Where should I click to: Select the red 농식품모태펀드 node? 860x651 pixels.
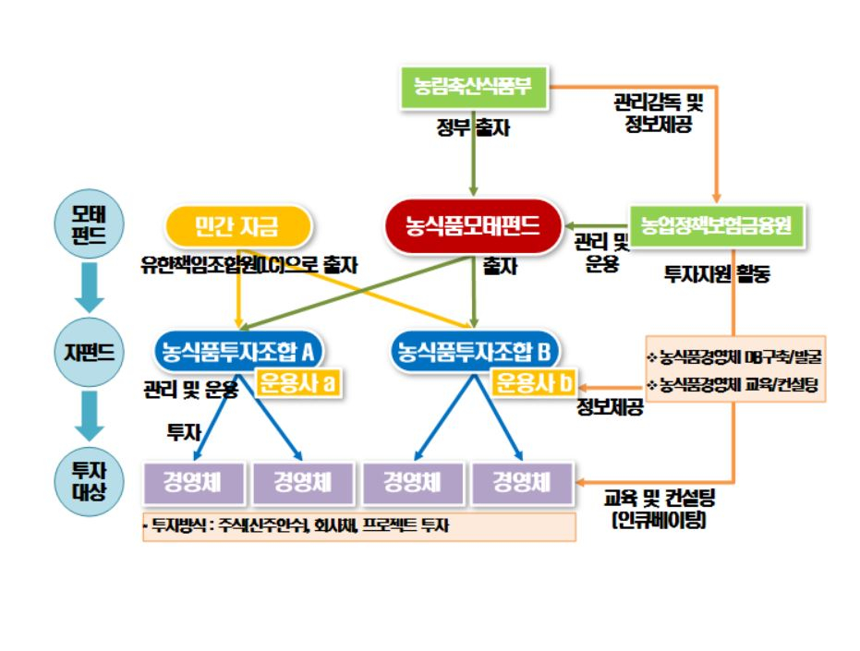[473, 224]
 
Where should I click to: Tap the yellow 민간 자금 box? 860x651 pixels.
[237, 224]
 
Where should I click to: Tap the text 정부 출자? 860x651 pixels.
[473, 128]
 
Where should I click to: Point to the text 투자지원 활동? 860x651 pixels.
[717, 274]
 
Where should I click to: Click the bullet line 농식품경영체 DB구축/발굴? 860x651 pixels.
[734, 356]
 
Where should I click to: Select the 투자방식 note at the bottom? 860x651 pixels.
[359, 526]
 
